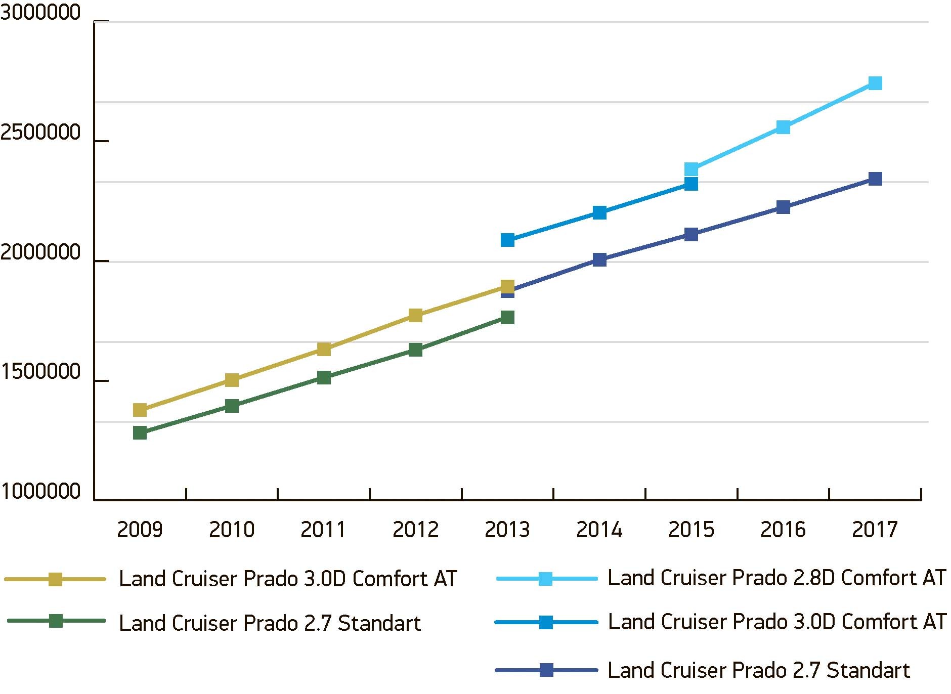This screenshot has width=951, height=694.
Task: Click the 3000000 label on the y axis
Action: pyautogui.click(x=40, y=13)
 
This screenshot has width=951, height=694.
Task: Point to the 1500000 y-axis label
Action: pyautogui.click(x=40, y=372)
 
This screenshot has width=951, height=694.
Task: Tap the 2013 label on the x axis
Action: pyautogui.click(x=507, y=530)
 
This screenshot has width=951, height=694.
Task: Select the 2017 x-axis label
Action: pyautogui.click(x=875, y=530)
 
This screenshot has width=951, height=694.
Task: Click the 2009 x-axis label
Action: pyautogui.click(x=140, y=530)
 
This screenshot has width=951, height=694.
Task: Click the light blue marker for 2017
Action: pyautogui.click(x=875, y=83)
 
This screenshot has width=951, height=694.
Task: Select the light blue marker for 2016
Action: pyautogui.click(x=783, y=127)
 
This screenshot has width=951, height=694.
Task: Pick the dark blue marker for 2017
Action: pyautogui.click(x=875, y=179)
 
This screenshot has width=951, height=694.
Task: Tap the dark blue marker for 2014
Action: pyautogui.click(x=599, y=260)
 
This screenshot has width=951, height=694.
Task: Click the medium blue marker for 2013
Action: pyautogui.click(x=507, y=240)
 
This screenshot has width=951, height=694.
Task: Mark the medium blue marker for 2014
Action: pyautogui.click(x=599, y=212)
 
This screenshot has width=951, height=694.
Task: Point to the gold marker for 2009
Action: pyautogui.click(x=140, y=410)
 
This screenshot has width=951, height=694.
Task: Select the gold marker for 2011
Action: pyautogui.click(x=324, y=349)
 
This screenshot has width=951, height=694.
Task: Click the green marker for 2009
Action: pyautogui.click(x=140, y=433)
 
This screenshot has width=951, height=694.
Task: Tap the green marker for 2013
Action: pyautogui.click(x=507, y=317)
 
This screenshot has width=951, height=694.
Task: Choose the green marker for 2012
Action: pyautogui.click(x=415, y=350)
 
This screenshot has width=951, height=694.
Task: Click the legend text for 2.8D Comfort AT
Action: pyautogui.click(x=776, y=578)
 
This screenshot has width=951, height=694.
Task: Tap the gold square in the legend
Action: pyautogui.click(x=55, y=579)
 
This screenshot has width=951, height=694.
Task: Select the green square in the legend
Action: pyautogui.click(x=56, y=621)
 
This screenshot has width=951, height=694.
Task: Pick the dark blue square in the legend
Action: pyautogui.click(x=546, y=670)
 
